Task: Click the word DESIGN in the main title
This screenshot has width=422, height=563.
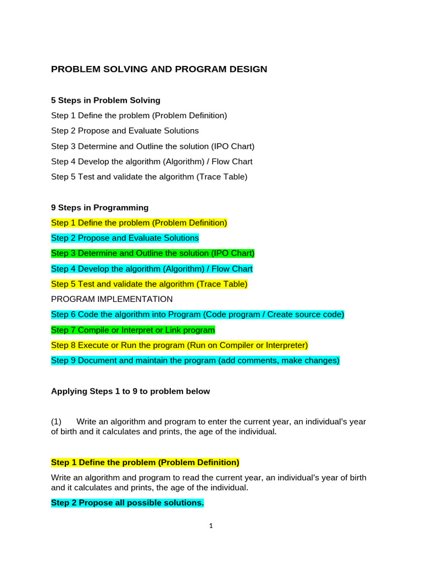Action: click(x=247, y=69)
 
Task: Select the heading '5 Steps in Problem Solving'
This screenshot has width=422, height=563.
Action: click(x=105, y=100)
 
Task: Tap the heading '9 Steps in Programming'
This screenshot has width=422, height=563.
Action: click(x=99, y=207)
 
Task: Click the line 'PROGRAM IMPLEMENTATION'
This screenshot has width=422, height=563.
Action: click(x=112, y=299)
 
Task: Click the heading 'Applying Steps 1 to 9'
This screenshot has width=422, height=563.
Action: click(x=130, y=391)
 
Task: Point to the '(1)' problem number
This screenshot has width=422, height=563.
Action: click(x=57, y=422)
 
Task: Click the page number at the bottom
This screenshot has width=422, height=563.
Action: click(x=211, y=526)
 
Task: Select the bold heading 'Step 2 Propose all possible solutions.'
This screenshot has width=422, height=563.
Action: click(x=127, y=503)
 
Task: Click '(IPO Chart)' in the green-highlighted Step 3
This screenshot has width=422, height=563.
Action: click(x=232, y=253)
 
